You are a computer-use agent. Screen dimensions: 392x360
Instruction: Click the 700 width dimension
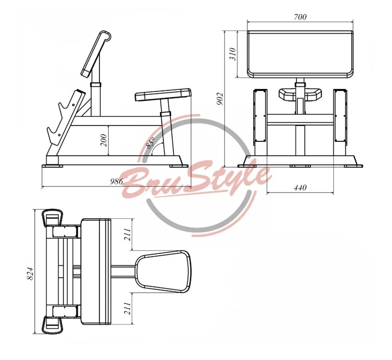tap(300, 17)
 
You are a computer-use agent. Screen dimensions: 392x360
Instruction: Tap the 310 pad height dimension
tap(233, 54)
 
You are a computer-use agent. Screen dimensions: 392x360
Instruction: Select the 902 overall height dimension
tap(220, 99)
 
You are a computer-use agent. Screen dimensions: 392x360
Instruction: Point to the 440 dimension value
tap(300, 187)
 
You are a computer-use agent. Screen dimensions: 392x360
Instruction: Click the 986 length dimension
tap(117, 181)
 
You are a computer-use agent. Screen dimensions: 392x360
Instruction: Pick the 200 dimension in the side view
tap(103, 140)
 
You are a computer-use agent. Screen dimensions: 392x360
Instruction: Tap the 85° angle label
tap(151, 143)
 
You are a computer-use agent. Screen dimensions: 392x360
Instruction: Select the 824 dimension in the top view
tap(29, 273)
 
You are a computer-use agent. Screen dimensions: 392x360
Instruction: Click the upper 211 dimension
tap(127, 234)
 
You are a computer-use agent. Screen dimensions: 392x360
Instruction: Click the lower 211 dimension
tap(127, 308)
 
